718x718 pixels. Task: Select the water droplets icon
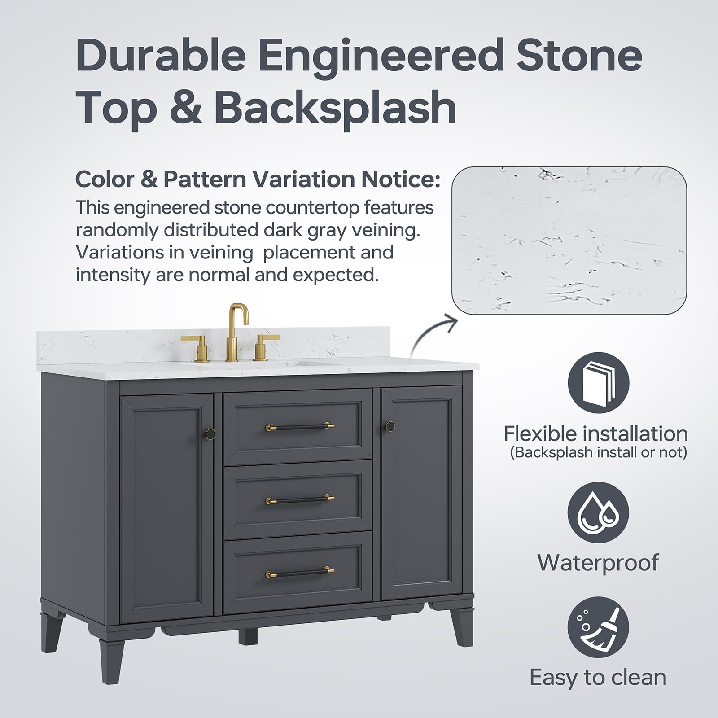(599, 512)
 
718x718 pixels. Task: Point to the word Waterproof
(598, 562)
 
